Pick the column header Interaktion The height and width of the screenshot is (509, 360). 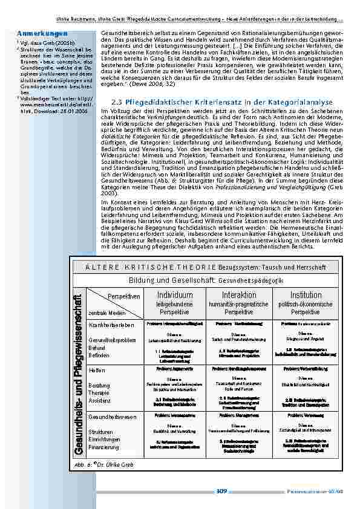coord(238,295)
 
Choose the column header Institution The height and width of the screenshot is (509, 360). coord(306,295)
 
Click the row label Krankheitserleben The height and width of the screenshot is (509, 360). coord(111,325)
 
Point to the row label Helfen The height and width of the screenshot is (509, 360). coord(97,369)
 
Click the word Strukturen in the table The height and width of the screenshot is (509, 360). coord(100,432)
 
